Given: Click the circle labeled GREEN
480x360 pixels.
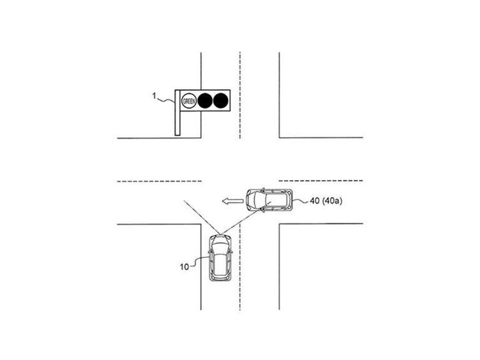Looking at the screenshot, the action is tap(189, 101).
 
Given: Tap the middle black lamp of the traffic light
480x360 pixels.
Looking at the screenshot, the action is tap(205, 101).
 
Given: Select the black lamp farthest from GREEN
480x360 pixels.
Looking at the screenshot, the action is tap(220, 101).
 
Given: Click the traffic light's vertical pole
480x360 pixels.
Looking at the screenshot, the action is tap(177, 112).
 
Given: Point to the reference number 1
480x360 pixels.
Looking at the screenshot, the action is tap(154, 96).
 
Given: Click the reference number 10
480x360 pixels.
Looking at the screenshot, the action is tap(184, 267).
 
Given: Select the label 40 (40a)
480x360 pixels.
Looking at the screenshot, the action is tap(326, 201).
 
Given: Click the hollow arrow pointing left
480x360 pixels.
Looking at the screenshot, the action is tap(232, 201).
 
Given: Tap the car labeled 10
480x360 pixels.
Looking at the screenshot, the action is tap(220, 257).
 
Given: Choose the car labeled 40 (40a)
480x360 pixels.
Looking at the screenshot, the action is tap(269, 200).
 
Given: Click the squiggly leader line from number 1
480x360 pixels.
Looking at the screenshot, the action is tap(166, 100).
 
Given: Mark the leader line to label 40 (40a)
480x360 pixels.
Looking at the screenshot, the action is tap(301, 201).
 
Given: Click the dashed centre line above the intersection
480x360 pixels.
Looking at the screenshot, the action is tap(240, 95).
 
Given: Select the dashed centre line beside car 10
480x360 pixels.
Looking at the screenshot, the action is tap(240, 267).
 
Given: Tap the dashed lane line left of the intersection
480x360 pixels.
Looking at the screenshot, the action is tap(159, 181).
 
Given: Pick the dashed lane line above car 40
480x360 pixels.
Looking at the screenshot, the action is tap(321, 181).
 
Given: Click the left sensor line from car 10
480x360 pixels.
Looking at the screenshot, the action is tap(201, 218).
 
